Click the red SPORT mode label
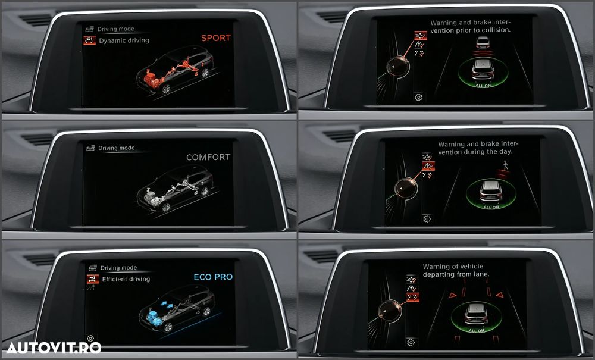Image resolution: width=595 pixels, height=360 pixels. (216, 38)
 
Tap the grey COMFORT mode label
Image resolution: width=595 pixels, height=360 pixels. (208, 157)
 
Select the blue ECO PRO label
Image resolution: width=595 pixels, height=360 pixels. (213, 277)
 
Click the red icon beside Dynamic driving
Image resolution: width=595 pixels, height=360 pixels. (90, 40)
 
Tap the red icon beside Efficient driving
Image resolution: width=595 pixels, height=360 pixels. (93, 279)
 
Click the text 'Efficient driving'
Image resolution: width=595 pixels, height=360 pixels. (126, 279)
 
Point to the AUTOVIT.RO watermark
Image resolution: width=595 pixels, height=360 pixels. (54, 348)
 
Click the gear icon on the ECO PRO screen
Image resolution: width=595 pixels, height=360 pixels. (90, 338)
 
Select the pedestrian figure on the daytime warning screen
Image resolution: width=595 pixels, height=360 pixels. (505, 165)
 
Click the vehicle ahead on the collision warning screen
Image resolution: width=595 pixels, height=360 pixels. (483, 42)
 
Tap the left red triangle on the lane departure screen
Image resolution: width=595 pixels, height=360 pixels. (453, 295)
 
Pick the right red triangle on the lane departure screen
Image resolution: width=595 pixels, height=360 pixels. (499, 295)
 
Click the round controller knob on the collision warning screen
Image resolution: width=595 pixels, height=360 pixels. (398, 67)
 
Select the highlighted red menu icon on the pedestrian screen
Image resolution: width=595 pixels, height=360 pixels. (428, 166)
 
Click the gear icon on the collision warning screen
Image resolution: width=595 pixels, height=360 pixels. (418, 98)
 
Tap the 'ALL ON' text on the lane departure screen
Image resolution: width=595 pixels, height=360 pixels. (476, 330)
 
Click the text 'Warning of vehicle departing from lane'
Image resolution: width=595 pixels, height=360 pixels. (456, 270)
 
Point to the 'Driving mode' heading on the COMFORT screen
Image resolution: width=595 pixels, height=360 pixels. (117, 148)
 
